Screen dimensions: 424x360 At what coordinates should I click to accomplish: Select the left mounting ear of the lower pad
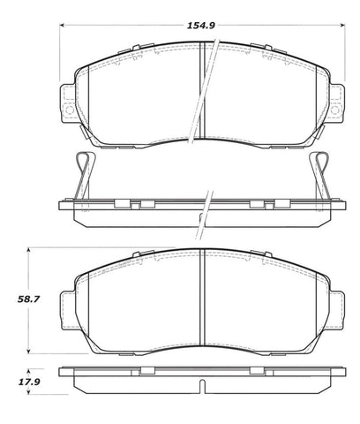tap(70, 305)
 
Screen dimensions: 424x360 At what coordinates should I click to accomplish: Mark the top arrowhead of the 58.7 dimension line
tap(32, 252)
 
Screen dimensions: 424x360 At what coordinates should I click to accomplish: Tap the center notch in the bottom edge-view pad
tap(204, 385)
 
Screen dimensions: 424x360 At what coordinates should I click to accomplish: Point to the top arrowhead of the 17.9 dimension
tap(32, 370)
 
